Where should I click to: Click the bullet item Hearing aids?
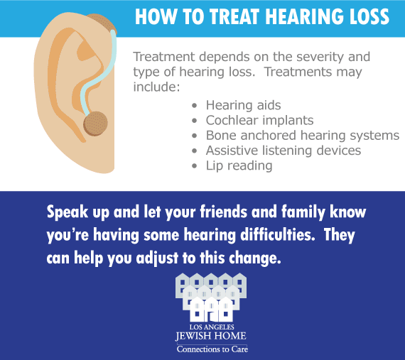coord(243,105)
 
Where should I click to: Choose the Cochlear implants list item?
coord(259,121)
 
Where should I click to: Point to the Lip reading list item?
coord(239,165)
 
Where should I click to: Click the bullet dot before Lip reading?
coord(195,166)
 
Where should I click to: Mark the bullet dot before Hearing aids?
coord(195,106)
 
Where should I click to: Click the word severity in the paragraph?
coord(320,57)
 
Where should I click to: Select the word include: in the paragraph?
coord(156,87)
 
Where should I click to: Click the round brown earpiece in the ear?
coord(95,124)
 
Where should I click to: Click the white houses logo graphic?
coord(211,298)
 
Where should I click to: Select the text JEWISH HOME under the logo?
coord(211,336)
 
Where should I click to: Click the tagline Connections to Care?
coord(212,349)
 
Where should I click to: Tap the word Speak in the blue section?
coord(67,212)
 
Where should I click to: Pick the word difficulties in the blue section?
coord(277,235)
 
